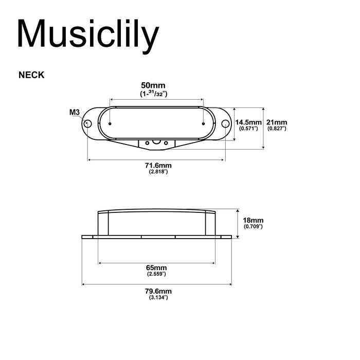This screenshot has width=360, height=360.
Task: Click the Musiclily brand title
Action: click(x=87, y=34)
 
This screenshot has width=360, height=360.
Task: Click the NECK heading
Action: click(x=31, y=75)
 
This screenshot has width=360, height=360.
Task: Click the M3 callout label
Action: click(x=74, y=112)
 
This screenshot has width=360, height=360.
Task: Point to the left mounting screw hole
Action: click(x=88, y=123)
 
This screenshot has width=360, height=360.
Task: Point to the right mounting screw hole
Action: click(x=225, y=123)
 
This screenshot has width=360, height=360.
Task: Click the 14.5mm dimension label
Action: click(x=247, y=122)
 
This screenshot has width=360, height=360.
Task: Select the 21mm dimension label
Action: click(x=277, y=122)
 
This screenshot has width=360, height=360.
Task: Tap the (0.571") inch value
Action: click(x=247, y=129)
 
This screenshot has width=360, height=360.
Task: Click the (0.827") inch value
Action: click(x=277, y=129)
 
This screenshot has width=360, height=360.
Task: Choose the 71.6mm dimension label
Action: click(x=157, y=165)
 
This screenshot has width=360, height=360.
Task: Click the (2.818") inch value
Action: click(x=157, y=172)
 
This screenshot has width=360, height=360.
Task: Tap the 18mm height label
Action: click(x=253, y=220)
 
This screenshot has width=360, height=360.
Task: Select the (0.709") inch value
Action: click(x=253, y=226)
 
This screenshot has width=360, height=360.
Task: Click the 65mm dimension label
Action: click(x=156, y=268)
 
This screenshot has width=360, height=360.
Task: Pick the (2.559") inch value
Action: click(x=156, y=275)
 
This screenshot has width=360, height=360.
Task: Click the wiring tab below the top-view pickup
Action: click(x=156, y=142)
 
